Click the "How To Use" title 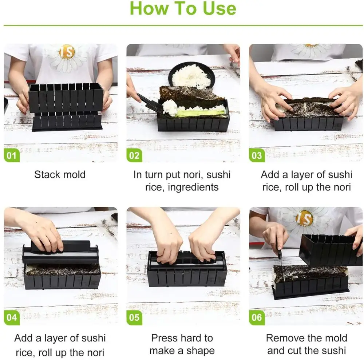coord(183,8)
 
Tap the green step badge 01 coord(12,155)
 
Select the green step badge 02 coord(134,155)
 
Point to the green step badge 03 coord(257,155)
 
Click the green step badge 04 coord(12,317)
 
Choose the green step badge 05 coord(134,317)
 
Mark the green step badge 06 coord(257,317)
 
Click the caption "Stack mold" coord(60,175)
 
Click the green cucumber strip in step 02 coord(200,113)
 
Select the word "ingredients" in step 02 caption coord(193,187)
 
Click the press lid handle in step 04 coord(61,246)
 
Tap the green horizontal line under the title coord(183,25)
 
